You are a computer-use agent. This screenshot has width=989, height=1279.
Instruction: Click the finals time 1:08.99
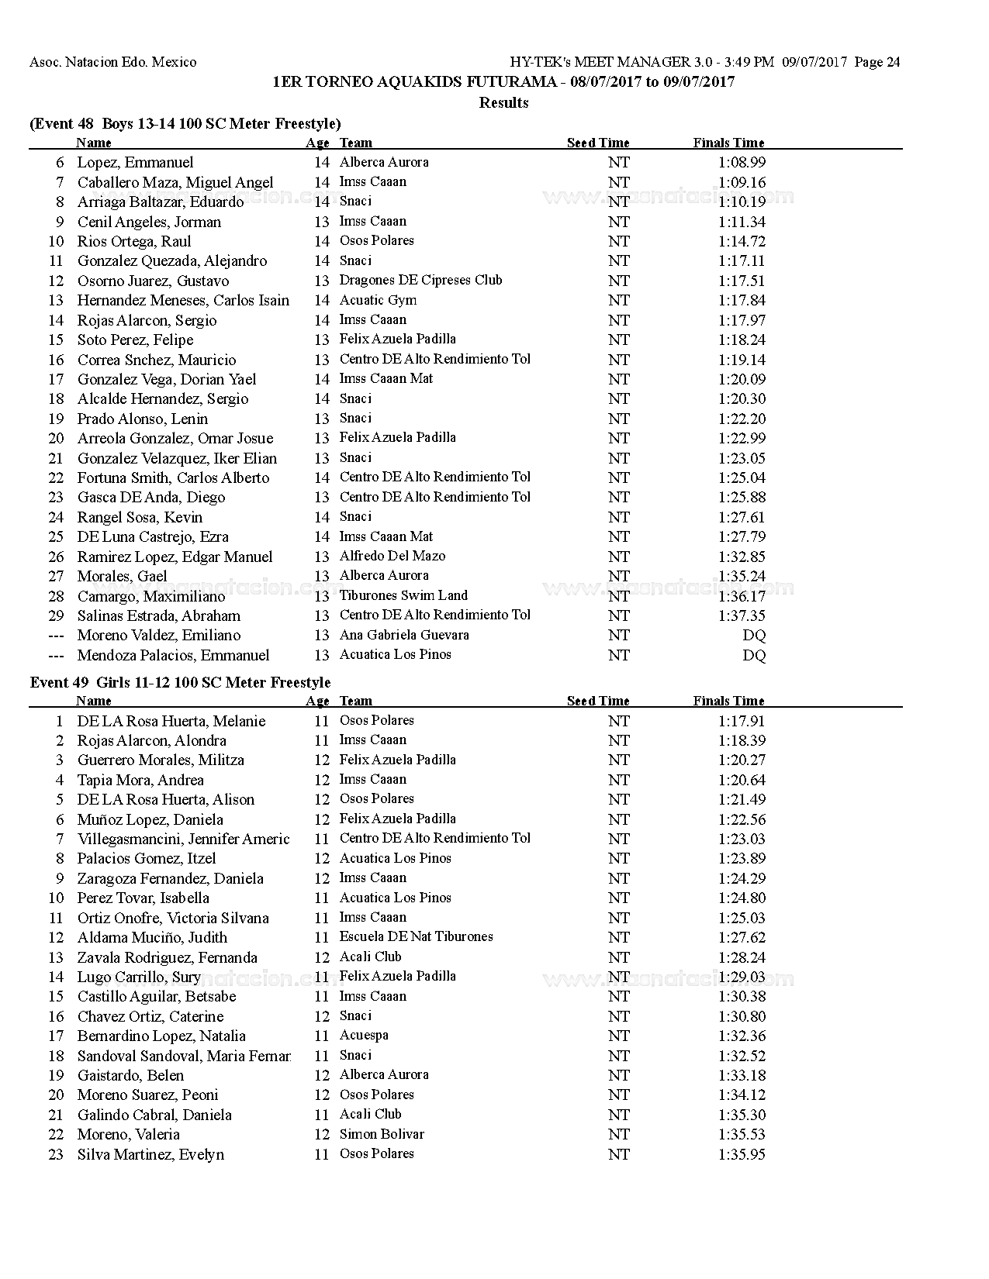tap(742, 163)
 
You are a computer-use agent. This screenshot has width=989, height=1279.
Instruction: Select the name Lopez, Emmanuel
tap(135, 163)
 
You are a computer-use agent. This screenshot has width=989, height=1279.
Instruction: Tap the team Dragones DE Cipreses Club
tap(420, 281)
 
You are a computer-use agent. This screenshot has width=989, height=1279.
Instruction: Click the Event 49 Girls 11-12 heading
tap(180, 683)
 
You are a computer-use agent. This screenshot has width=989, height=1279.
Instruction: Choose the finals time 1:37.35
tap(742, 615)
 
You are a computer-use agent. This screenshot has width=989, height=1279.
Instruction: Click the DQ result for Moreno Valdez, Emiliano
tap(754, 636)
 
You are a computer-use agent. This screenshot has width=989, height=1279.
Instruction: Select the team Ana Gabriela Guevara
tap(404, 635)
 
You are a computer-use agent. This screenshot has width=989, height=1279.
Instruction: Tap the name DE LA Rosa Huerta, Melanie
tap(171, 721)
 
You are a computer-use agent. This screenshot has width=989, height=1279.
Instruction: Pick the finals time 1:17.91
tap(742, 721)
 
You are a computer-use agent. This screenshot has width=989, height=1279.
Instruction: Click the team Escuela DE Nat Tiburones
tap(416, 937)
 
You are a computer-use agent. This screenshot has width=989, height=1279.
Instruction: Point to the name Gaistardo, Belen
tap(130, 1075)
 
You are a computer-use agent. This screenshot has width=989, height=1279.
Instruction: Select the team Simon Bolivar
tap(382, 1134)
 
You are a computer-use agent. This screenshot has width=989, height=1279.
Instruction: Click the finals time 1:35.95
tap(742, 1154)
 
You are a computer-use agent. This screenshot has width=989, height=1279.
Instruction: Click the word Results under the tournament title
tap(503, 103)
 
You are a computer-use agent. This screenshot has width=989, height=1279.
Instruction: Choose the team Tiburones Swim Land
tap(403, 596)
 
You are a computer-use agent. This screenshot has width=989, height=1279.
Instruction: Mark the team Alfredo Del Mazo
tap(392, 557)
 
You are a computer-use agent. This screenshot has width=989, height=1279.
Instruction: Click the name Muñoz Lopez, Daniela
tap(150, 819)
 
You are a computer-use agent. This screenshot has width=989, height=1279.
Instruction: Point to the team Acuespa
tap(364, 1036)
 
